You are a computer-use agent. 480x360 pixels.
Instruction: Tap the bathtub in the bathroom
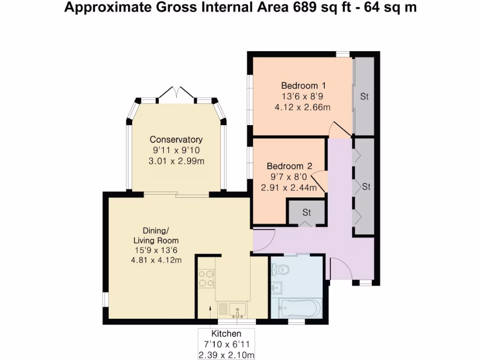point(299,308)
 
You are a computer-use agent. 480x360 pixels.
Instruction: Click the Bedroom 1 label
point(303,86)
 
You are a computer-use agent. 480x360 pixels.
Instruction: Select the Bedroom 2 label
point(289,166)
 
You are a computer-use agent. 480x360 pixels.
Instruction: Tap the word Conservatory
point(176,140)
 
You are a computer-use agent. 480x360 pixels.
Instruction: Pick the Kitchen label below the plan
point(226,334)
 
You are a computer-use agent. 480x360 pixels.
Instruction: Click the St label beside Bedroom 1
point(364,97)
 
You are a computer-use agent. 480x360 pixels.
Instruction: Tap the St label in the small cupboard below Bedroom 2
point(306,212)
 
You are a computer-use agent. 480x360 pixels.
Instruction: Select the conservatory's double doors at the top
point(176,93)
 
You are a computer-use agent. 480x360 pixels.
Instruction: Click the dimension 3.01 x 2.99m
point(176,161)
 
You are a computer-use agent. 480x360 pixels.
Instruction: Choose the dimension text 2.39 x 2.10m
point(226,355)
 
